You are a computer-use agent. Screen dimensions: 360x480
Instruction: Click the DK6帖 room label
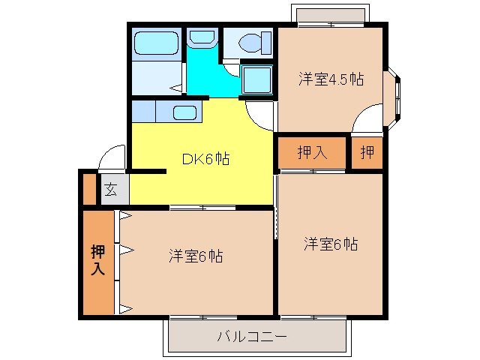point(205,159)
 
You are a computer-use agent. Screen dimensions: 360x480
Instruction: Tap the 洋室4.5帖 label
point(331,79)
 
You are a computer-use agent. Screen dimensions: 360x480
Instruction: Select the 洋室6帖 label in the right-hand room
point(331,244)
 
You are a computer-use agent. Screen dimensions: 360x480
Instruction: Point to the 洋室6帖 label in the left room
point(195,256)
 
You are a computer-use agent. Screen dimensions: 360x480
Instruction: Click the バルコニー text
point(252,337)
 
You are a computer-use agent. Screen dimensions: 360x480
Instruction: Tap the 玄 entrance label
point(110,189)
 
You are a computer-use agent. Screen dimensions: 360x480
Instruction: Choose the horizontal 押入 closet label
point(312,153)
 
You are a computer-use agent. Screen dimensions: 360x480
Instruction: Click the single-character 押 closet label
point(367,153)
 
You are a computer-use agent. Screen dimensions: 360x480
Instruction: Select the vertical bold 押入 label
point(97,259)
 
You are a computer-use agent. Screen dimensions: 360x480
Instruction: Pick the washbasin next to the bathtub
point(200,37)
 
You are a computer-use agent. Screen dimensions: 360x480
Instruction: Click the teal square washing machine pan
point(257,78)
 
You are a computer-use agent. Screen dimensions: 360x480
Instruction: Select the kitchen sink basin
point(185,113)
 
